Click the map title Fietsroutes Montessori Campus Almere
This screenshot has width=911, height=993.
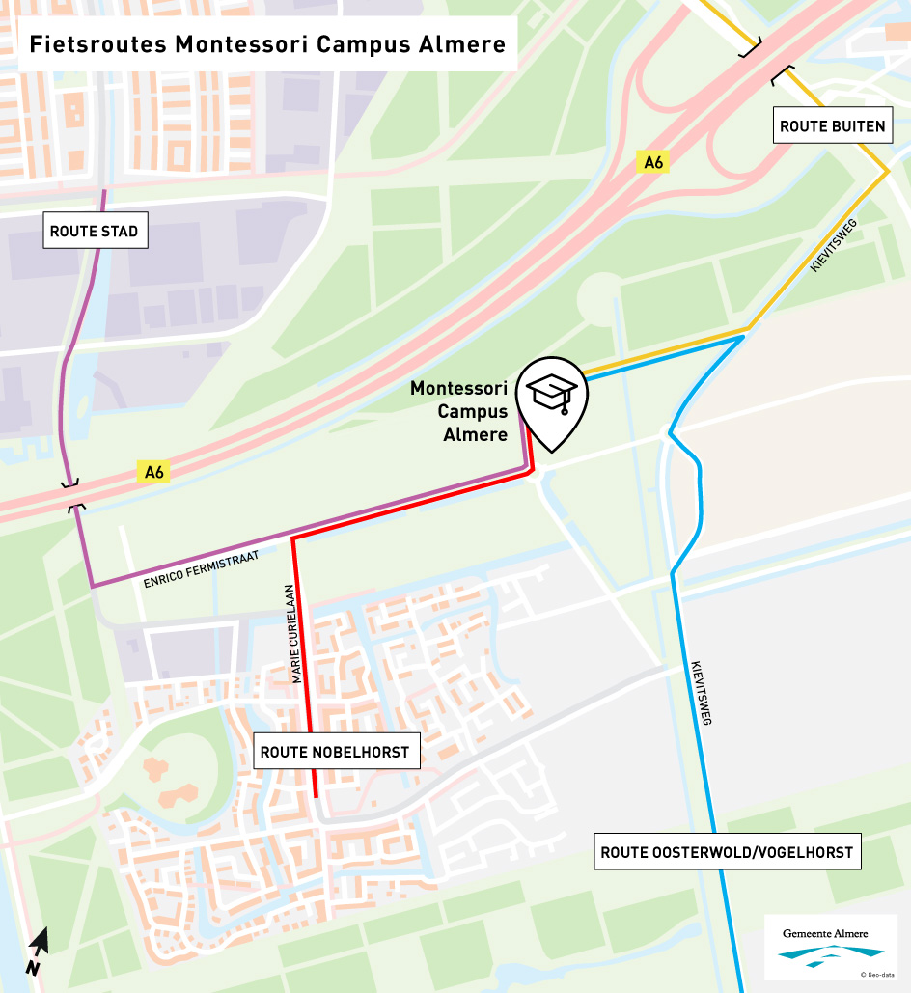(x=267, y=44)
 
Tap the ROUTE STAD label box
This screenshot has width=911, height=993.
(x=94, y=232)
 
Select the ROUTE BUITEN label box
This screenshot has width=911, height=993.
(x=832, y=126)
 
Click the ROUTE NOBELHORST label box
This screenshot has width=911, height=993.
(x=336, y=752)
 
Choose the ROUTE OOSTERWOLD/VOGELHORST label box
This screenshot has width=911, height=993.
(x=727, y=852)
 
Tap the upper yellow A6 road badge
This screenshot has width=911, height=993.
(x=653, y=163)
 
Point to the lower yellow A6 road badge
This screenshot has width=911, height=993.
(x=154, y=472)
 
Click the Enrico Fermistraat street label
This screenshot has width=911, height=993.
(x=201, y=568)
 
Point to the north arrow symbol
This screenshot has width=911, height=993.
(x=38, y=951)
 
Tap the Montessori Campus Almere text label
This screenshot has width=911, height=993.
(x=459, y=411)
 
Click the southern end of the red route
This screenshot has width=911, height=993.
(x=315, y=795)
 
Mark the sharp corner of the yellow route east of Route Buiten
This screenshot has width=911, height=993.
(x=887, y=173)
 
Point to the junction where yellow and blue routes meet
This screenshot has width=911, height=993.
(x=747, y=331)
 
